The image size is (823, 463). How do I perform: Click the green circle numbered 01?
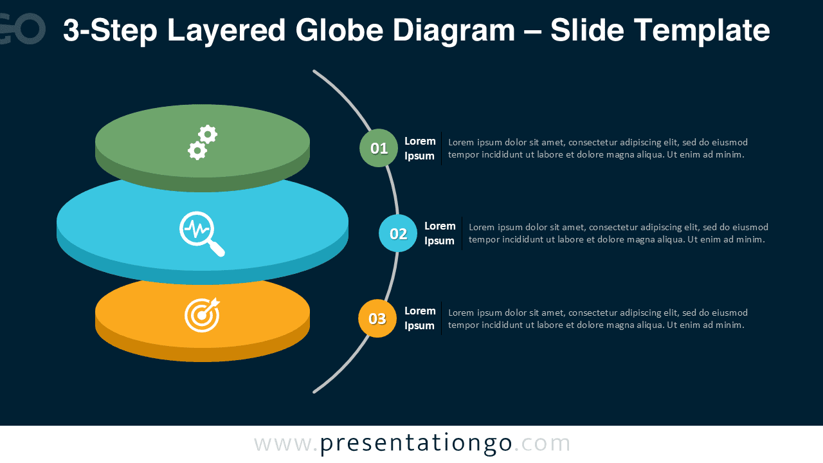coord(379,148)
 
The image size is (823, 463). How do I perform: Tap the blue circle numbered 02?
coord(398,233)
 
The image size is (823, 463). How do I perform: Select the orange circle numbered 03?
coord(377,318)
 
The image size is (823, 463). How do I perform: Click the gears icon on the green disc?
coord(203,142)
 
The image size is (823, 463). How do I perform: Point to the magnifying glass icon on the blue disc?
coord(202,233)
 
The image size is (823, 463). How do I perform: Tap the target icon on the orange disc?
coord(203,315)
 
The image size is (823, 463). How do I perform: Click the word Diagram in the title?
coord(461,30)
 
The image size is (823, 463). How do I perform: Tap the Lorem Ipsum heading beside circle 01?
coord(420,149)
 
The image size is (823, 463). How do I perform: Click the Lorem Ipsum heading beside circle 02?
coord(440,233)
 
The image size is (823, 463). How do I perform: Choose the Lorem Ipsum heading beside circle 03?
coord(420,318)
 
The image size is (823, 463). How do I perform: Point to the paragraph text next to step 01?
coord(597,149)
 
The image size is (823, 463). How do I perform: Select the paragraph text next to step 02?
coord(618,233)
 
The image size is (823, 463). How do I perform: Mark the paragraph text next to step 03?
coord(597,318)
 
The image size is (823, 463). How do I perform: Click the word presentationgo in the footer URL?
coord(416,444)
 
